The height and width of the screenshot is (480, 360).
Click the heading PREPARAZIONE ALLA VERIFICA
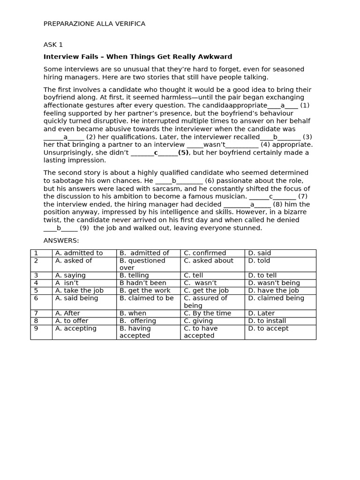coord(94,24)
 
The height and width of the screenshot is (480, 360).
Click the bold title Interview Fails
coord(138,57)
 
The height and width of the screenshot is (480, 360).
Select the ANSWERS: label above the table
coord(61,240)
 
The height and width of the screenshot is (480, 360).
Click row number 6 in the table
coord(36,298)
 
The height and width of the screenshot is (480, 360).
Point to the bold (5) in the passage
coord(184,152)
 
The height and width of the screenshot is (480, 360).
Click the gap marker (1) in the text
coord(305,105)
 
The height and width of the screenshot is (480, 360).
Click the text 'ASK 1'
coord(53,45)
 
